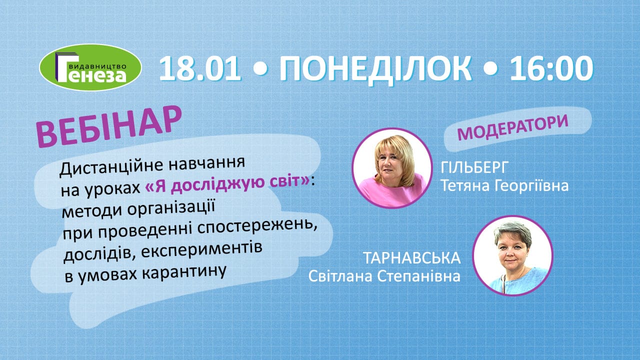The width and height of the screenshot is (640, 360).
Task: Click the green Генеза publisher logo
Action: click(90, 67)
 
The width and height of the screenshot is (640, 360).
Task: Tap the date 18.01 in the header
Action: click(200, 68)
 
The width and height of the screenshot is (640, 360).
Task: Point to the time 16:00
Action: click(551, 68)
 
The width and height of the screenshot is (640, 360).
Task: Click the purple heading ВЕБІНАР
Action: click(108, 126)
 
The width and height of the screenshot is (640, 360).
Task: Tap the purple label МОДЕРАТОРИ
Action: click(513, 127)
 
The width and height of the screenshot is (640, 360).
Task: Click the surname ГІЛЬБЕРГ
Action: click(474, 167)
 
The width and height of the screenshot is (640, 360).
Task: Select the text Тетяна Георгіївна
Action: click(504, 186)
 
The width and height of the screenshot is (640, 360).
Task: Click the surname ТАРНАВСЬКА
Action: click(411, 258)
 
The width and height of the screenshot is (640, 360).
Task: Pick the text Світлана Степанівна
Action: click(384, 276)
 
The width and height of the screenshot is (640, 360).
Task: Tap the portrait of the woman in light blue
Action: click(513, 255)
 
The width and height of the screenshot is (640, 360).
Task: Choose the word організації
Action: click(171, 208)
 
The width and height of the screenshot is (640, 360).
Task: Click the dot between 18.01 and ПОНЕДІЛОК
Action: click(260, 69)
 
